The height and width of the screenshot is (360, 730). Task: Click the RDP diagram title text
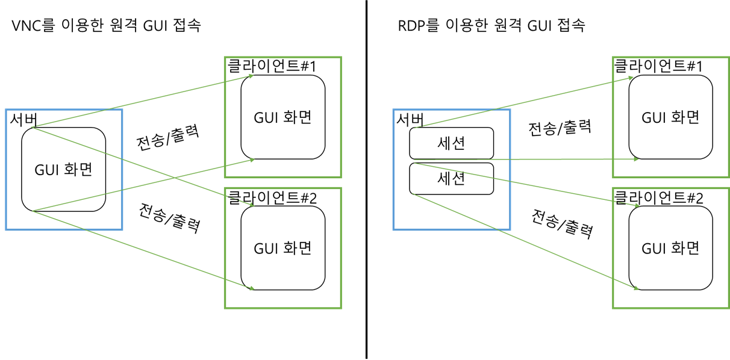pos(491,26)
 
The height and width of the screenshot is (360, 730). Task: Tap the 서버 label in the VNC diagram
pos(22,119)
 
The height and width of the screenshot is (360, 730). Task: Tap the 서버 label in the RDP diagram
pos(410,119)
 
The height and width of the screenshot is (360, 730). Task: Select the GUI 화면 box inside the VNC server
pos(64,169)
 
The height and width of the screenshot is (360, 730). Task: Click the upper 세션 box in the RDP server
pos(451,143)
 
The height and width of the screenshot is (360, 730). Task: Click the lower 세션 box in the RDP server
pos(451,179)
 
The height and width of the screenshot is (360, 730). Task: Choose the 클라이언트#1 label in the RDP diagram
pos(658,66)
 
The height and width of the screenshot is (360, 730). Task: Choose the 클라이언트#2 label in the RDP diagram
pos(658,197)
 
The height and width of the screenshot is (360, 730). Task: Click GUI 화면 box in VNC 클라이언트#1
pos(283,117)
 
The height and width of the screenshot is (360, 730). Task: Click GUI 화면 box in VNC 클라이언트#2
pos(283,247)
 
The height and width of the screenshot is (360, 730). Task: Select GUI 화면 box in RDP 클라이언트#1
pos(670,117)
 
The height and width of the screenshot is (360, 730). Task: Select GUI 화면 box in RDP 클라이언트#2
pos(670,247)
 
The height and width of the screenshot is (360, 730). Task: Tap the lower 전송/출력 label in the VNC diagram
pos(169,218)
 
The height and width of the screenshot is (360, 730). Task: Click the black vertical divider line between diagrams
pos(366,180)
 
